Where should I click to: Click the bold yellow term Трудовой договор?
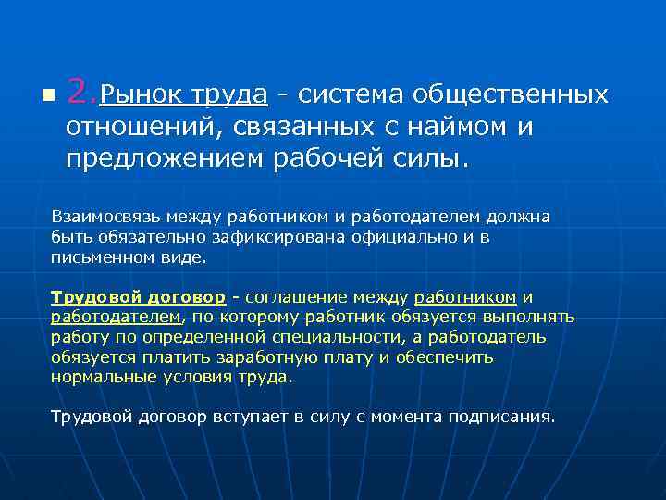click(138, 297)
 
